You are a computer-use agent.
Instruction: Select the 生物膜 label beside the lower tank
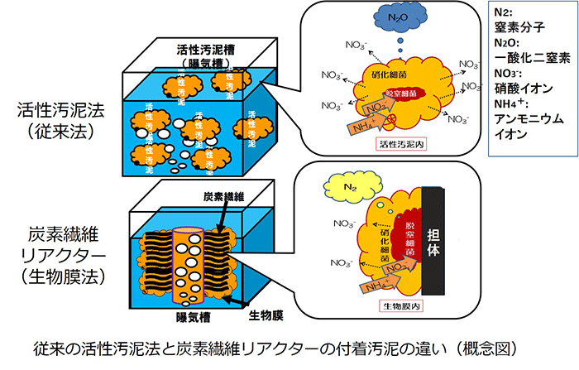266,315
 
